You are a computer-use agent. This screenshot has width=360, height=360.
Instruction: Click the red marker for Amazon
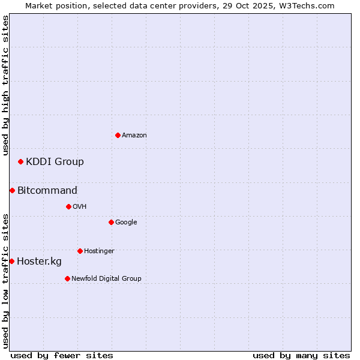tap(118, 135)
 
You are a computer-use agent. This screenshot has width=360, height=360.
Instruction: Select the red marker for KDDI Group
tap(20, 161)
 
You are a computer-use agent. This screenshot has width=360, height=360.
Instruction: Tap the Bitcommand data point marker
tap(12, 190)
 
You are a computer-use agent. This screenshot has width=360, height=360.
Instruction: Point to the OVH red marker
tap(68, 206)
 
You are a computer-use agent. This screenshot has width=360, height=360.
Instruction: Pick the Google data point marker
tap(111, 222)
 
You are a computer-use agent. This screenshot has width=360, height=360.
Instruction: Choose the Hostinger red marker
tap(80, 251)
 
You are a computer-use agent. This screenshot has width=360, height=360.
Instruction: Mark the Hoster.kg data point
tap(11, 261)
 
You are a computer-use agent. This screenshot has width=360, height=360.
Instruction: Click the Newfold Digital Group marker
tap(67, 278)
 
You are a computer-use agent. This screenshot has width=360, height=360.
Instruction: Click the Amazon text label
tap(134, 136)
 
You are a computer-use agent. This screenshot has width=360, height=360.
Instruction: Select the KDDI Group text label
tap(55, 161)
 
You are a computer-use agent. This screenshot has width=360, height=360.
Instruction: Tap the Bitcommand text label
tap(47, 191)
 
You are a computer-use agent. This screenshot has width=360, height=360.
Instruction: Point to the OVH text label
tap(80, 207)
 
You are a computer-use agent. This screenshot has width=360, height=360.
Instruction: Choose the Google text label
tap(126, 223)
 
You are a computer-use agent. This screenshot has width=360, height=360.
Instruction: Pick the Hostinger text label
tap(99, 251)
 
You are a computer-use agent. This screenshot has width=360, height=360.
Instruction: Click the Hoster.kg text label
tap(39, 262)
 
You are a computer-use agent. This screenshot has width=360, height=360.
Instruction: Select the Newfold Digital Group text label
tap(106, 279)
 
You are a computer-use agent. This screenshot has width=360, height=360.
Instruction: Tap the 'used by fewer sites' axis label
tap(62, 355)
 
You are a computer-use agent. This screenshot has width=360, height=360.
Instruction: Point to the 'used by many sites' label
tap(301, 355)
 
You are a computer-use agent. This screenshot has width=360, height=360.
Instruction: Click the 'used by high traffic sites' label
tap(5, 85)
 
